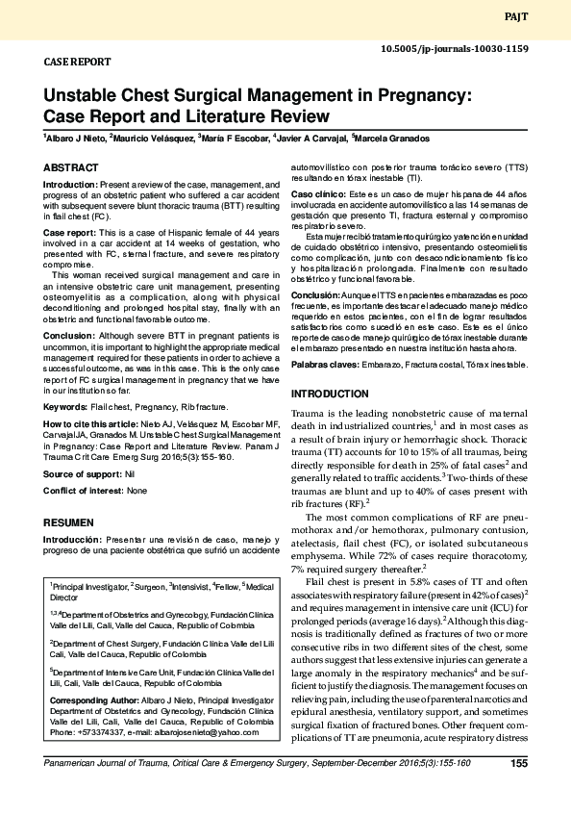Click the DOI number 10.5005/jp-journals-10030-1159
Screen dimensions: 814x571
click(x=455, y=48)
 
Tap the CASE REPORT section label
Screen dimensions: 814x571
click(x=78, y=62)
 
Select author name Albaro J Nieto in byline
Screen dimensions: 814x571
click(x=74, y=140)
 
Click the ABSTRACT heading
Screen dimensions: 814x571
click(x=71, y=167)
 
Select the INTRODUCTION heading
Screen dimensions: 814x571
click(x=330, y=394)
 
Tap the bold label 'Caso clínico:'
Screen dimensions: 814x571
click(x=318, y=194)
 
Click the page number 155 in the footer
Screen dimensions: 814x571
click(x=518, y=791)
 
